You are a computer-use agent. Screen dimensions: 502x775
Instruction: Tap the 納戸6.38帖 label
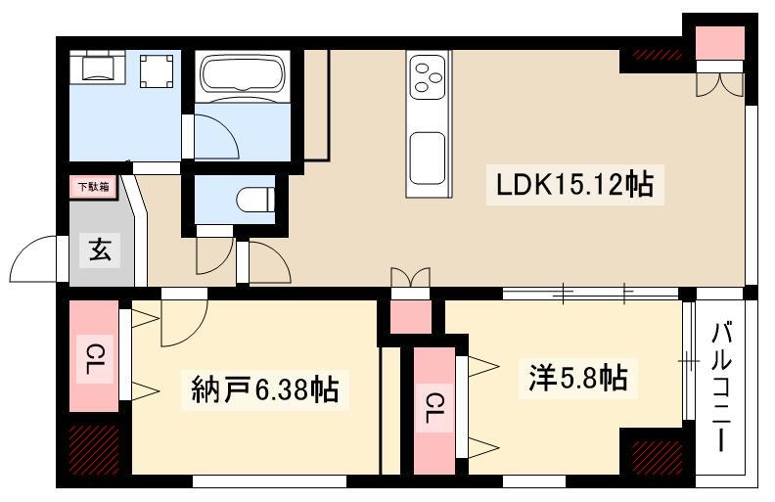tap(264, 390)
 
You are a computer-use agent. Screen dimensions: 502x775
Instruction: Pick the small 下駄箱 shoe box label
tap(93, 186)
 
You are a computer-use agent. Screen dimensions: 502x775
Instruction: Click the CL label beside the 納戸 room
tap(94, 357)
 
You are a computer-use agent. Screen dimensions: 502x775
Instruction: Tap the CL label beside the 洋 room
tap(432, 407)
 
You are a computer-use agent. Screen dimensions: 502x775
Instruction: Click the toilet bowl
tap(256, 199)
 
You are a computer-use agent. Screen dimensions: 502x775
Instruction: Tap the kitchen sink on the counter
tap(428, 157)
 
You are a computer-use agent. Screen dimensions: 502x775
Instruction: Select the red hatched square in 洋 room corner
tap(654, 455)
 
